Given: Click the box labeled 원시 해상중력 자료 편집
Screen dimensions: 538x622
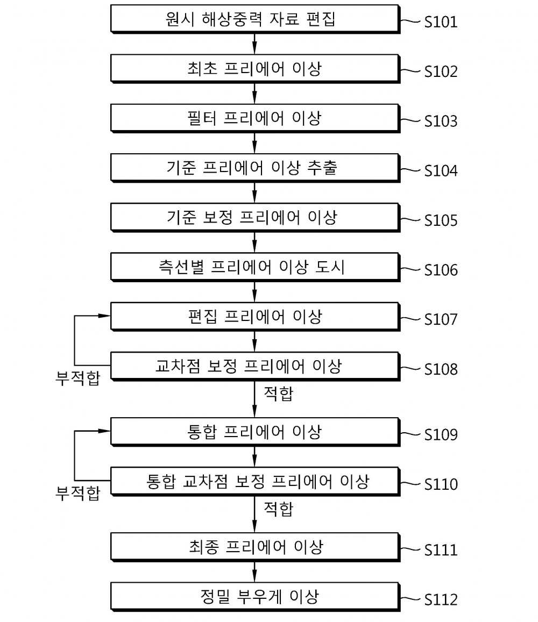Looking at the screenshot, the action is pyautogui.click(x=255, y=19).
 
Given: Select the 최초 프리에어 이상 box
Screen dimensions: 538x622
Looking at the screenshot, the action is pyautogui.click(x=255, y=69).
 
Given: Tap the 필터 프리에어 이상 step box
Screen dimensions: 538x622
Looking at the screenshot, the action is pyautogui.click(x=255, y=118).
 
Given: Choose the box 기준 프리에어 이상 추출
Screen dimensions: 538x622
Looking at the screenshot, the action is pyautogui.click(x=255, y=168).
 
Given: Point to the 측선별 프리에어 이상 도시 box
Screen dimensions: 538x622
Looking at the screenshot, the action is pyautogui.click(x=255, y=267).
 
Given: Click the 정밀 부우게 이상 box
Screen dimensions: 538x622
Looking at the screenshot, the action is pyautogui.click(x=255, y=597).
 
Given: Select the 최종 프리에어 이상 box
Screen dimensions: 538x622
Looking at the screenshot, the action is pyautogui.click(x=255, y=547).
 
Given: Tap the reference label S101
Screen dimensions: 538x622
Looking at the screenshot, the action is pyautogui.click(x=441, y=22).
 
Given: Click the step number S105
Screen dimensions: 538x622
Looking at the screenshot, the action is pyautogui.click(x=441, y=220).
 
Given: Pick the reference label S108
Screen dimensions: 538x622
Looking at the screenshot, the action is pyautogui.click(x=441, y=369).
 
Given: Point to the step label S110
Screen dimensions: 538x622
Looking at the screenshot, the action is pyautogui.click(x=441, y=484).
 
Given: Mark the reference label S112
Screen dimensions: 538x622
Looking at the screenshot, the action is pyautogui.click(x=441, y=599).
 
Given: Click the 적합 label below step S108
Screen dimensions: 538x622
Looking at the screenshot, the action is pyautogui.click(x=279, y=394).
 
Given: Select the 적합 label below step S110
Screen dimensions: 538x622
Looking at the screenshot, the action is pyautogui.click(x=279, y=509).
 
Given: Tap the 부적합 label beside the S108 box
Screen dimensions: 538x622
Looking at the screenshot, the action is pyautogui.click(x=78, y=378).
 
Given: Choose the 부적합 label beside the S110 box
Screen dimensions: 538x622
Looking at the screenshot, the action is pyautogui.click(x=78, y=493).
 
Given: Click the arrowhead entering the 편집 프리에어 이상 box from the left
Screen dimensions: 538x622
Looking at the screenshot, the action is pyautogui.click(x=105, y=316).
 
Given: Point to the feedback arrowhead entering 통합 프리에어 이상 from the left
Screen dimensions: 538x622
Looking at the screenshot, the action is pyautogui.click(x=105, y=431).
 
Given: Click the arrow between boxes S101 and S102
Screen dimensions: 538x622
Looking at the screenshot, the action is pyautogui.click(x=254, y=44).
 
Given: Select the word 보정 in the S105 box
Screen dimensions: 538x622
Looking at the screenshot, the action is pyautogui.click(x=217, y=217).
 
